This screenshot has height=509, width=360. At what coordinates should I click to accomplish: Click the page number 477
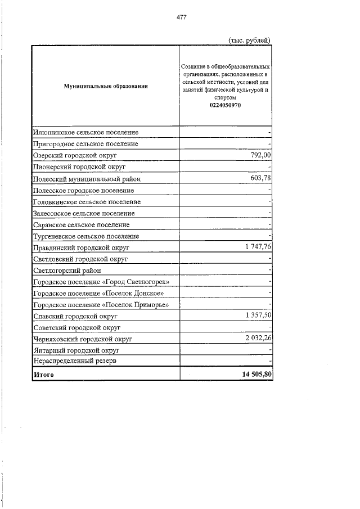(x=181, y=17)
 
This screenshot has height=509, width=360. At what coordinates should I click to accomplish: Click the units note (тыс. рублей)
(x=250, y=39)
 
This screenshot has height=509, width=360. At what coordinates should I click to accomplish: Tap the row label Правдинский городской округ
(x=82, y=247)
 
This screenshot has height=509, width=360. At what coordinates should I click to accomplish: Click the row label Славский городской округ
(x=75, y=317)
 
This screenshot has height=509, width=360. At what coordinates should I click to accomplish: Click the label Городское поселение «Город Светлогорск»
(x=101, y=282)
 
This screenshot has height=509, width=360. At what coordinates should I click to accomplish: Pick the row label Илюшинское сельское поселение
(x=85, y=132)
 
